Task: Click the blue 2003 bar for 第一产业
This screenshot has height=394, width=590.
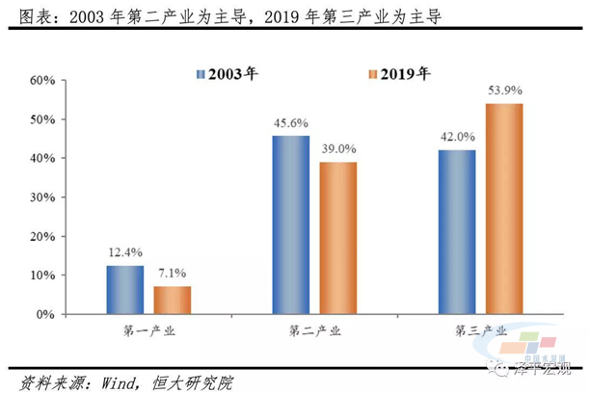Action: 125,290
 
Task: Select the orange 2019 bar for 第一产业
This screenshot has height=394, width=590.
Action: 173,300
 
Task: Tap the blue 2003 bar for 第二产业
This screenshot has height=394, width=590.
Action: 290,224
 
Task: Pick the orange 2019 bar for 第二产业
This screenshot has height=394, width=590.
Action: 337,238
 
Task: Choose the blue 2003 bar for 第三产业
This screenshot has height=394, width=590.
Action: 456,232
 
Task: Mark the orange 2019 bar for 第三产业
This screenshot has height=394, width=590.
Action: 503,208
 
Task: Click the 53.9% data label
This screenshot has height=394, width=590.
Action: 504,91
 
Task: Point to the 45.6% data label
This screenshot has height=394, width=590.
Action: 290,123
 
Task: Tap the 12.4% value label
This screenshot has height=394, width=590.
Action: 125,253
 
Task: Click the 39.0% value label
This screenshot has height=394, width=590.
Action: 338,149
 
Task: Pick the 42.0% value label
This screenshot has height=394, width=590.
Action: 457,138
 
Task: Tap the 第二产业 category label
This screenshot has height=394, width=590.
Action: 314,332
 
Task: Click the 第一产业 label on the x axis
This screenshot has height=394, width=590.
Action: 149,332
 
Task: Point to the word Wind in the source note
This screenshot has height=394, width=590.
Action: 109,381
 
